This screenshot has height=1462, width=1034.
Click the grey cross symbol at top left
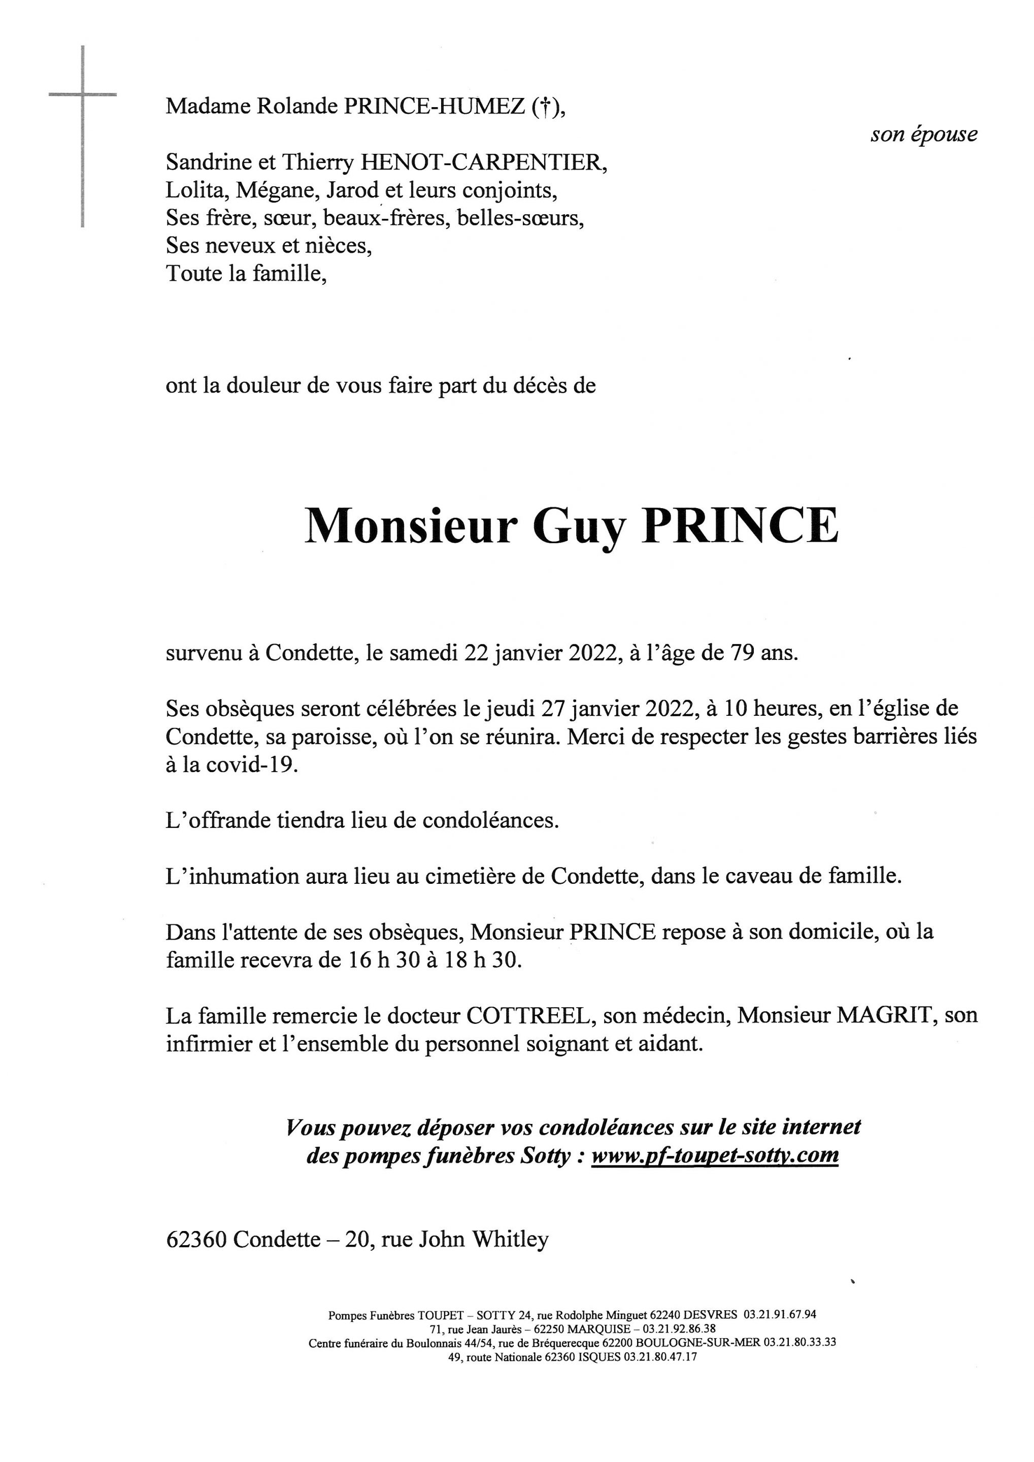(83, 95)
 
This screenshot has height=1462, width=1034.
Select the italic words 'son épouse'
(923, 135)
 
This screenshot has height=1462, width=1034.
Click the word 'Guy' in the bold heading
(579, 526)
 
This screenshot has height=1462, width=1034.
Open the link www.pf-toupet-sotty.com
(714, 1156)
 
